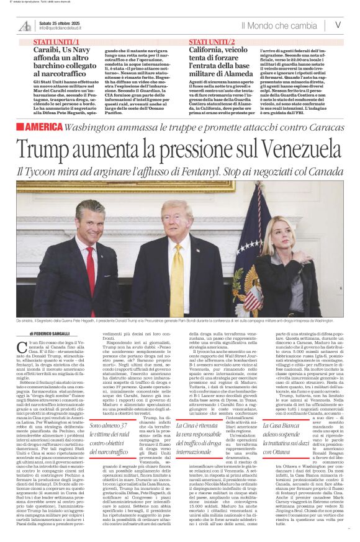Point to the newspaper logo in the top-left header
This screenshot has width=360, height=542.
click(x=25, y=25)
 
